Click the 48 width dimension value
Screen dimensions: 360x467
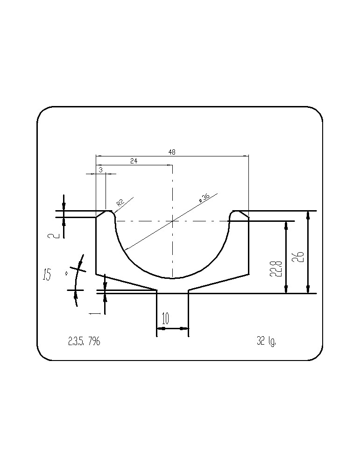click(x=172, y=152)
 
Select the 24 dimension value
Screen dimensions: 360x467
click(x=134, y=161)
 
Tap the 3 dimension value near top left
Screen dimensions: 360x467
click(x=101, y=170)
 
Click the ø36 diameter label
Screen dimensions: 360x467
click(x=204, y=198)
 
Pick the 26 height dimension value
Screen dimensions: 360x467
click(x=299, y=257)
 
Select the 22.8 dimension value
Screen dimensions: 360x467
click(x=275, y=269)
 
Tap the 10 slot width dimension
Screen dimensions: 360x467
click(x=166, y=318)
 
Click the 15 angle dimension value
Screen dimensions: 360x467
click(x=47, y=274)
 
